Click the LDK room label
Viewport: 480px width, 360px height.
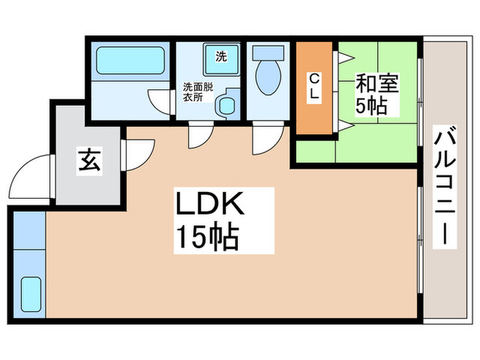(210, 204)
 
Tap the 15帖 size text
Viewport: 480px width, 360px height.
(208, 237)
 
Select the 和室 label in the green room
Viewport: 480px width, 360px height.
(377, 83)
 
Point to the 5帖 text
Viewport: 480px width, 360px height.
(371, 106)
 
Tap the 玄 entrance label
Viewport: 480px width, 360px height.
(89, 159)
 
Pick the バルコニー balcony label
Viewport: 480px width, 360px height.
(444, 186)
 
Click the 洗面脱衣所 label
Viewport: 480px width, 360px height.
(197, 92)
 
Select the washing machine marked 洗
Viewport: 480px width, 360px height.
(221, 60)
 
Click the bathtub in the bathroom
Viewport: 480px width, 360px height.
(130, 60)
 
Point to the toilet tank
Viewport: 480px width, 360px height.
(268, 53)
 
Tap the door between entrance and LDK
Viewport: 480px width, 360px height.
(139, 155)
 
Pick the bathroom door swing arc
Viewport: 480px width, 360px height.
(159, 101)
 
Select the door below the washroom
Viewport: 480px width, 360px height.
(200, 135)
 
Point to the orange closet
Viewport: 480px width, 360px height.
(314, 88)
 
